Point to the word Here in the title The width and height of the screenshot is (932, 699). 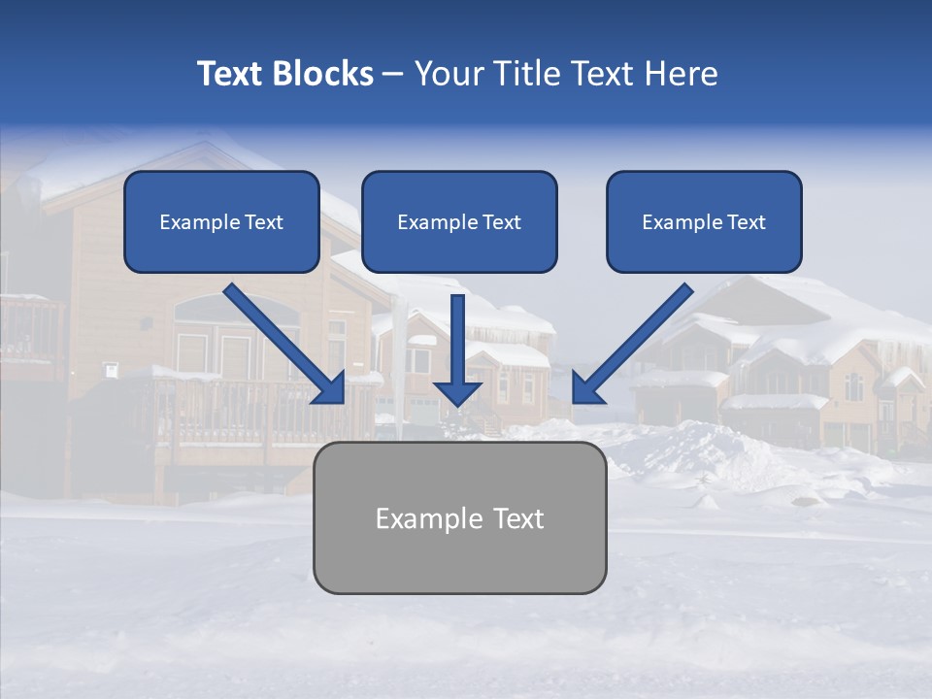(684, 74)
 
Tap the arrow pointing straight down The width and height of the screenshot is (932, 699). (457, 340)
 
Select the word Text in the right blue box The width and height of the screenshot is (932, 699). (746, 222)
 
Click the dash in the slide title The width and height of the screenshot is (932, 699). (393, 75)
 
